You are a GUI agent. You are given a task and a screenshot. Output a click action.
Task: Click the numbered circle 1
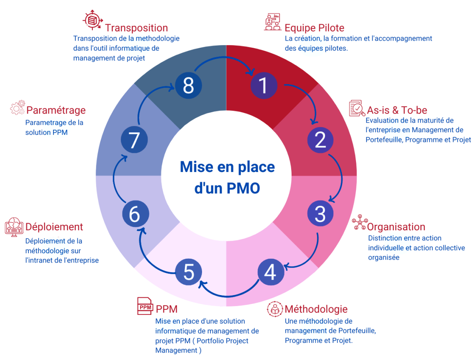(x=264, y=85)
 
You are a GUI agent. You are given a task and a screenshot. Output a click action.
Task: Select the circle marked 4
(x=271, y=272)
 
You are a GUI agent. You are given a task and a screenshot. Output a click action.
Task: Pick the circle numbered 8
(x=188, y=85)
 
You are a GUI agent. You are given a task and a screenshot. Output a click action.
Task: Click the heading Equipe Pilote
(x=314, y=28)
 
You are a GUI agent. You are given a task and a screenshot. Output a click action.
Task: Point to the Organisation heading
(x=396, y=226)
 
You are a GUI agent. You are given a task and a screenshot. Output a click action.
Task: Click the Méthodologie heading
(x=316, y=309)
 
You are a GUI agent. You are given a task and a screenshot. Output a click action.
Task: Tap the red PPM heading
(x=166, y=309)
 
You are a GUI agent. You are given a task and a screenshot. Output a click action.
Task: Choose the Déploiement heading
(x=54, y=227)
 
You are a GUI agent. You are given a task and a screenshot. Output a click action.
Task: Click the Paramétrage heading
(x=56, y=110)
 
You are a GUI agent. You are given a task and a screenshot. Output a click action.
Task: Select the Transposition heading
(x=136, y=28)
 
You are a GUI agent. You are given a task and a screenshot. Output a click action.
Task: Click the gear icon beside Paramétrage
(x=17, y=108)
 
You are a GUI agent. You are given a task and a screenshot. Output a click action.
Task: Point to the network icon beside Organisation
(x=359, y=223)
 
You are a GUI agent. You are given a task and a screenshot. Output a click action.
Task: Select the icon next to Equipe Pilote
(x=273, y=22)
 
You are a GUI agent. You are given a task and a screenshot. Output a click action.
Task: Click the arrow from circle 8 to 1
(x=226, y=59)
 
